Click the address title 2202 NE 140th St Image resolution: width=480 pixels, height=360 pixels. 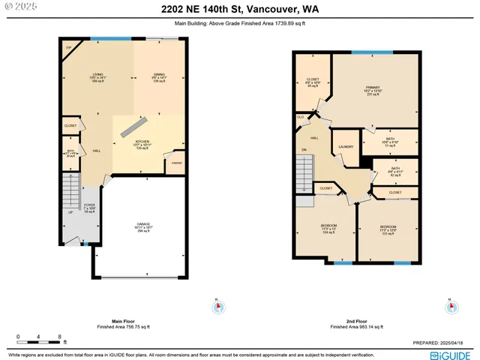[240, 10]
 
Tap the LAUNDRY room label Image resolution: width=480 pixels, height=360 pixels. [346, 147]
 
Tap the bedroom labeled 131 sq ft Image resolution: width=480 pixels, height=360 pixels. [388, 229]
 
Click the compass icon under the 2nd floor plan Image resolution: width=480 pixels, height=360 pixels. [451, 307]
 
